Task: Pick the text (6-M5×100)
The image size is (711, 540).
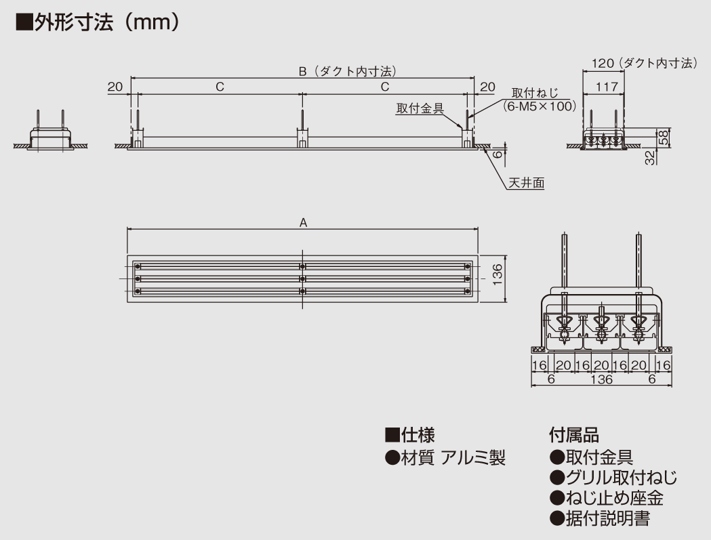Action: (x=540, y=106)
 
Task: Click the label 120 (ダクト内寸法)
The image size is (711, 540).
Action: (x=644, y=63)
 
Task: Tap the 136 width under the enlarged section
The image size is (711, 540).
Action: (x=601, y=380)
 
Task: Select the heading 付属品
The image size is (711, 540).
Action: (x=574, y=434)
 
